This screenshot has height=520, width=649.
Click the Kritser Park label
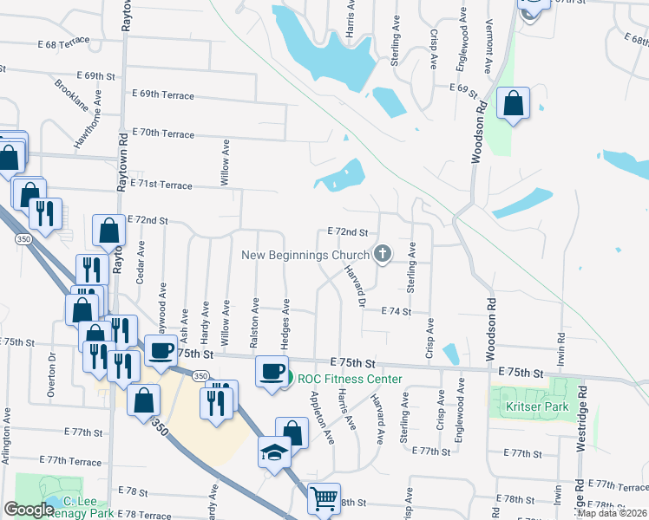(531, 406)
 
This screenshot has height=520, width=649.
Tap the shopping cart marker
(324, 498)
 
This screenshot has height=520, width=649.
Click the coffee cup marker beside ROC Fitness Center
(272, 371)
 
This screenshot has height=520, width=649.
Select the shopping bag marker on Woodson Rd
(514, 103)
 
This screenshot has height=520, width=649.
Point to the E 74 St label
(394, 310)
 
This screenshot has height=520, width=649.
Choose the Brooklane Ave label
(71, 95)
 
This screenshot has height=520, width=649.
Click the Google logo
(29, 510)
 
